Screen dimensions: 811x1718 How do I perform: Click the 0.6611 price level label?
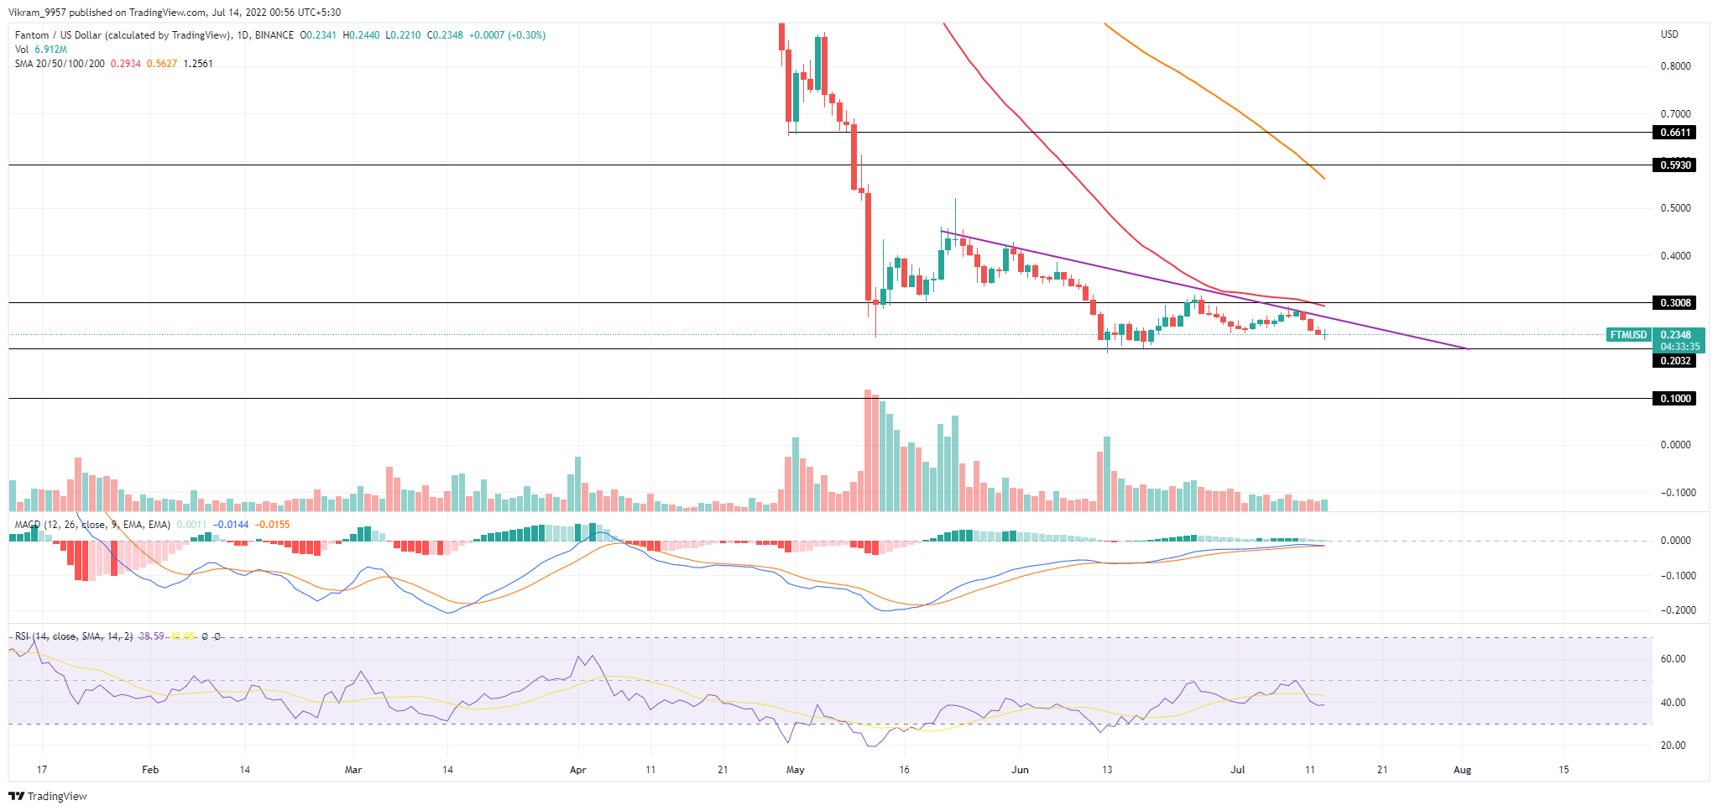(x=1674, y=133)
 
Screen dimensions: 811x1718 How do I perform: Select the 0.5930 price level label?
(x=1674, y=165)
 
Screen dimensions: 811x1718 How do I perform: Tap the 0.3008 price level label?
(x=1674, y=303)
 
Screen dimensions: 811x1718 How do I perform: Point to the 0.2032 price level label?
(x=1674, y=361)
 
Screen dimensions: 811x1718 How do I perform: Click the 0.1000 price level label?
(x=1674, y=399)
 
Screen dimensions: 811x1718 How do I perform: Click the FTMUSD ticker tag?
(x=1627, y=335)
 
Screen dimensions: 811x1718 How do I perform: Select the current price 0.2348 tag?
(x=1676, y=335)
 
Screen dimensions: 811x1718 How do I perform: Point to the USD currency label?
(x=1669, y=34)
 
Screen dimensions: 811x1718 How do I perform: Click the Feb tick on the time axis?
(x=150, y=769)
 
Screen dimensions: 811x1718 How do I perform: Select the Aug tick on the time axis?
(x=1463, y=769)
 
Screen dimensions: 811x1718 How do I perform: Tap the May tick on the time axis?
(x=796, y=769)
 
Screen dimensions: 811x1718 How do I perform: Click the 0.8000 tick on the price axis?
(x=1676, y=66)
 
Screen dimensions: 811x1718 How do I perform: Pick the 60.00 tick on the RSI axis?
(x=1673, y=659)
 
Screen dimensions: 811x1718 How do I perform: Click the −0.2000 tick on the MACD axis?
(x=1675, y=610)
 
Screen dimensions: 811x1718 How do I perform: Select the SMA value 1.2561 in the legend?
(x=198, y=64)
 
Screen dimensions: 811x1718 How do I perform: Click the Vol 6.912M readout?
(x=41, y=50)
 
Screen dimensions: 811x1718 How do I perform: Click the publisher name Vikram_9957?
(x=39, y=13)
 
